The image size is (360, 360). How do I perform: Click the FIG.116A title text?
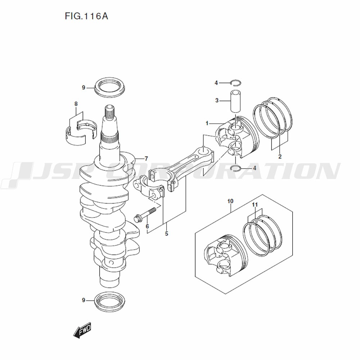[x=86, y=16]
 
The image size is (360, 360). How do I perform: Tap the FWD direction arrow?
[x=82, y=330]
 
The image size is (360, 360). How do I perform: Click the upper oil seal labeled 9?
[x=110, y=87]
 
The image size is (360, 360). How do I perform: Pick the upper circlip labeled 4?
[x=236, y=82]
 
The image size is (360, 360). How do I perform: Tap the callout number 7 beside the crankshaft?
[x=146, y=158]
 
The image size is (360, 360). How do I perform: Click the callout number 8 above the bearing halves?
[x=76, y=104]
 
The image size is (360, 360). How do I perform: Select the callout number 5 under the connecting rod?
[x=166, y=234]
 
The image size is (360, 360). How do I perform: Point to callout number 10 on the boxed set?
[x=230, y=201]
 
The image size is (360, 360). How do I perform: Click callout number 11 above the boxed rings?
[x=255, y=204]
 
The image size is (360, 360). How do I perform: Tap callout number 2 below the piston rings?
[x=280, y=157]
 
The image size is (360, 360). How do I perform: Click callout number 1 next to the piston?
[x=207, y=123]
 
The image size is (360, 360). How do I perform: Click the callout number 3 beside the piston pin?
[x=217, y=100]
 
